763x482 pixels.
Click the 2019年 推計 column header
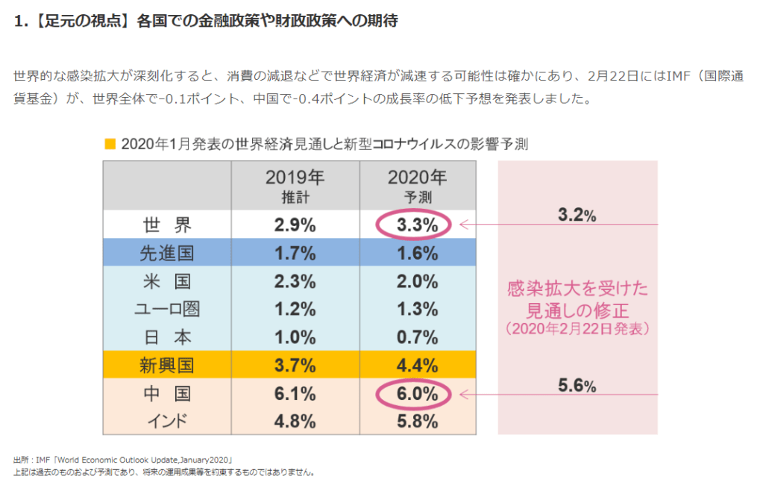pos(295,186)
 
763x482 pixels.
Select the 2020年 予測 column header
pos(417,186)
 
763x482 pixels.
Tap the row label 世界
pos(166,225)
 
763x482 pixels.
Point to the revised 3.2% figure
pos(577,216)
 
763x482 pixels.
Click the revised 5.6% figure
pos(577,386)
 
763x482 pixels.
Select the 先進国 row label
pos(166,253)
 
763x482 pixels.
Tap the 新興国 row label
pos(166,365)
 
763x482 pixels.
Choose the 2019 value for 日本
pos(295,337)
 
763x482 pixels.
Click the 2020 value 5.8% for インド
pos(417,422)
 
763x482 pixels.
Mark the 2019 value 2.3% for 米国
pos(295,281)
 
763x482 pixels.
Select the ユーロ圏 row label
pos(166,309)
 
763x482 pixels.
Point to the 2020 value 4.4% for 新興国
pos(417,365)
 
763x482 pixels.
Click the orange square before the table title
pos(110,143)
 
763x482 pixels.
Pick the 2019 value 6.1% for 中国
pos(295,393)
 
